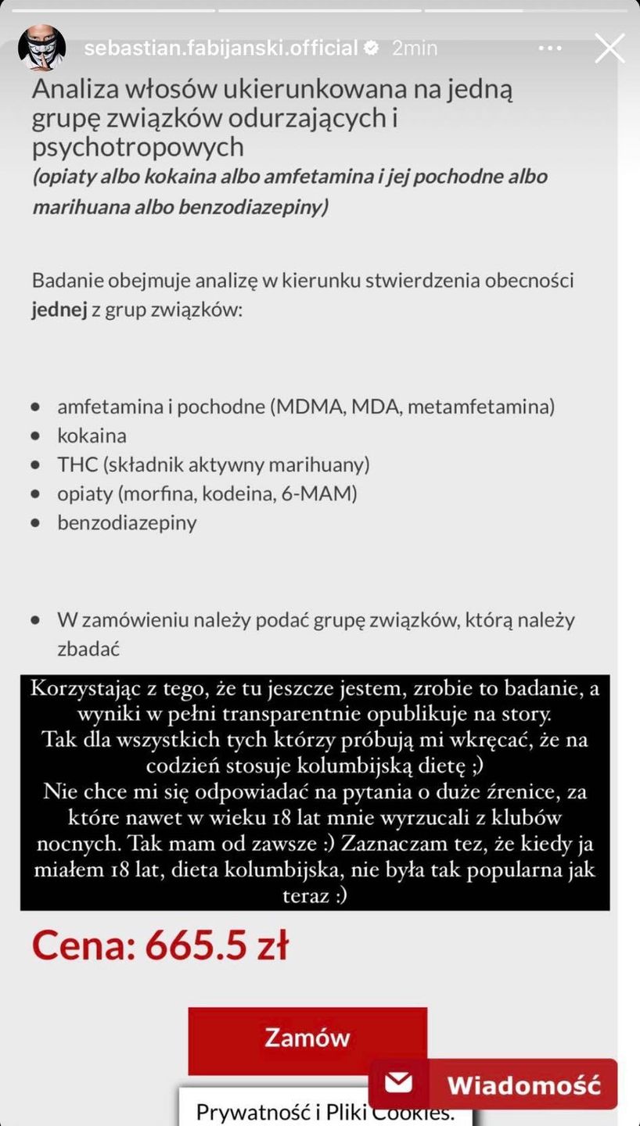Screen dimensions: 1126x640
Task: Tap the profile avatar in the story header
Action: (x=41, y=48)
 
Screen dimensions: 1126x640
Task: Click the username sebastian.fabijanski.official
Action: (x=221, y=48)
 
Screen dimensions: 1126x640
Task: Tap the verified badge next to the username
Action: (x=372, y=48)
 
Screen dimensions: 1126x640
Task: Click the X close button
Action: (x=609, y=48)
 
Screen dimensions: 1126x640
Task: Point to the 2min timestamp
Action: (x=414, y=48)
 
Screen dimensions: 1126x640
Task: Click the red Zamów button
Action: (x=307, y=1037)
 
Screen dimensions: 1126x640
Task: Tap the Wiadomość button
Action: (x=523, y=1085)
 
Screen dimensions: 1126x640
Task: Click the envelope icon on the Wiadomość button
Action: (x=399, y=1084)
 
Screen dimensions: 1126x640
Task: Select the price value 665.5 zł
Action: (x=217, y=945)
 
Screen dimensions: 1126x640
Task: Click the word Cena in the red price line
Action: (x=78, y=945)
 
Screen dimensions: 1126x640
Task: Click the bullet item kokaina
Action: (x=92, y=436)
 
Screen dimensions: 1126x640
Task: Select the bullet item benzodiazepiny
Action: (x=127, y=522)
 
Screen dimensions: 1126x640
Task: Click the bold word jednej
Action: (x=59, y=309)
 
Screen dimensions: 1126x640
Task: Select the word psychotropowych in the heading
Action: (x=138, y=147)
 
